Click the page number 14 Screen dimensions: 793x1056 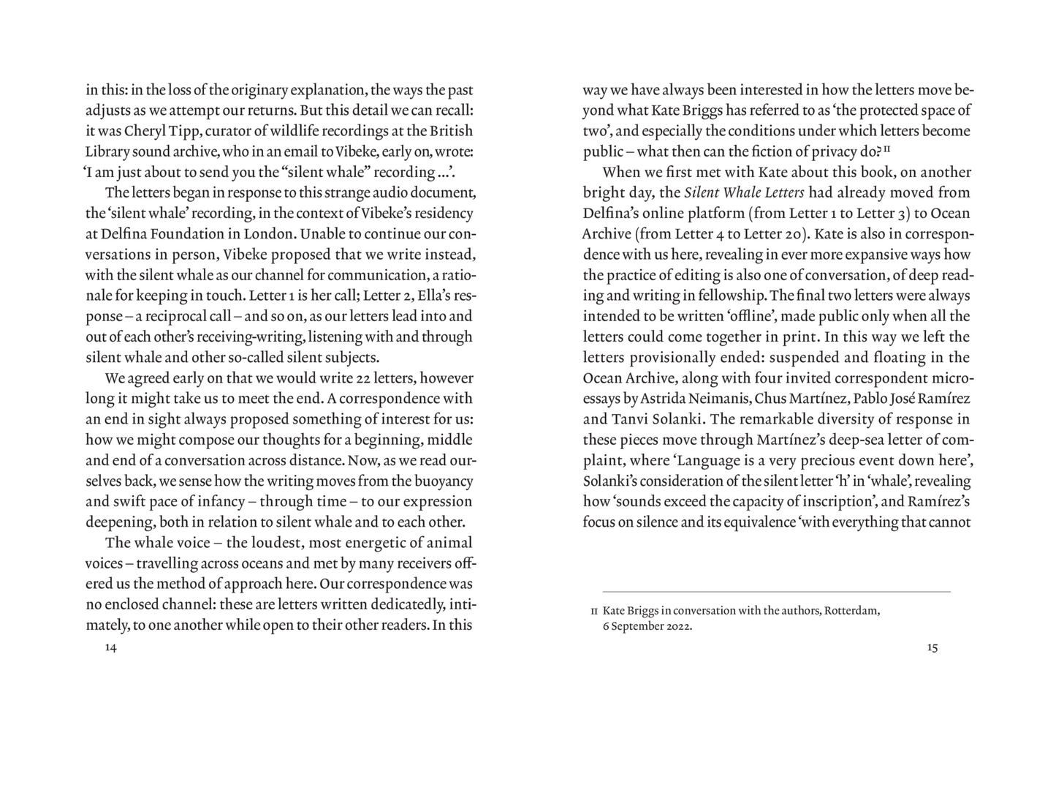pyautogui.click(x=110, y=647)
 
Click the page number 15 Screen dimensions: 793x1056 pyautogui.click(x=932, y=647)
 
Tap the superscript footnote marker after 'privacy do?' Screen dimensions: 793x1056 pyautogui.click(x=886, y=149)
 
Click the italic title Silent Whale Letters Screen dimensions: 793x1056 pyautogui.click(x=744, y=193)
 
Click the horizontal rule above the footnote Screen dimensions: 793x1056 pyautogui.click(x=776, y=591)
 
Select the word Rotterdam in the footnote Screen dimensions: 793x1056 pyautogui.click(x=851, y=610)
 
